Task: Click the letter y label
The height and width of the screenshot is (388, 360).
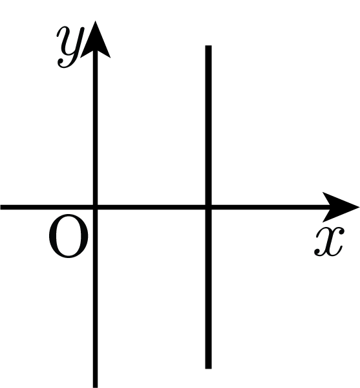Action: pos(70,47)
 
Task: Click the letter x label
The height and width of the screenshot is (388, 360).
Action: pos(330,241)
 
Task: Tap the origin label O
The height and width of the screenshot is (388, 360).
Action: pos(69,236)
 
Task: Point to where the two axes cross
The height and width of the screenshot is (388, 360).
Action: pos(96,207)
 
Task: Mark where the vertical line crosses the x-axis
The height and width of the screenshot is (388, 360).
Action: pos(208,207)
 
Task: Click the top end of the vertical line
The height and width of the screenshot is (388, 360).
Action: pos(208,45)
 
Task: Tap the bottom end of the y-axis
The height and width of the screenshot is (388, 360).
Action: pos(96,387)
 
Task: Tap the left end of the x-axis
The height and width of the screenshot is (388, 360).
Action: pos(1,207)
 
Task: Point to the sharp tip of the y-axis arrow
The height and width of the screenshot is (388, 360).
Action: pos(96,21)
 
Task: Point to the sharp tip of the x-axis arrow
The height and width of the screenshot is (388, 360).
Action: pos(359,207)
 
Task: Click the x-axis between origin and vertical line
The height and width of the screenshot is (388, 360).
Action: pos(152,207)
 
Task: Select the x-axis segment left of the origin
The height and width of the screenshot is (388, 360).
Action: pos(47,207)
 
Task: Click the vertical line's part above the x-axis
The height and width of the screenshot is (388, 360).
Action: pos(208,125)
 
